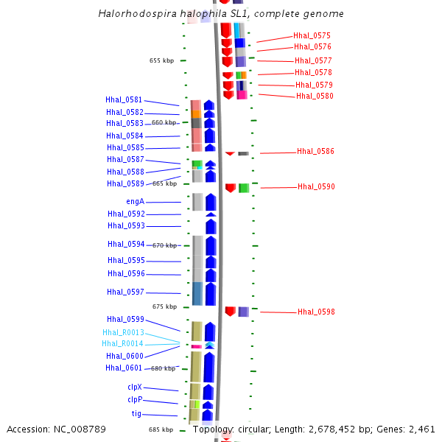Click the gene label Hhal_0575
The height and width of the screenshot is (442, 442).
point(312,35)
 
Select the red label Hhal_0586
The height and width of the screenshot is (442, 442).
point(315,151)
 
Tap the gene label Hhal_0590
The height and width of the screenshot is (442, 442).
point(316,187)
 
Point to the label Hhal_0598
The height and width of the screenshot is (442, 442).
point(316,312)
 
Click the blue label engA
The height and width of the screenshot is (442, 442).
point(135,202)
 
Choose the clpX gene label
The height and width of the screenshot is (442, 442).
point(134,387)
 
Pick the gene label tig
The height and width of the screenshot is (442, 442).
point(136,414)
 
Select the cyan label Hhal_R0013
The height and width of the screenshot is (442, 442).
point(123,332)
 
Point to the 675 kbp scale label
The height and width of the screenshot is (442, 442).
point(164,306)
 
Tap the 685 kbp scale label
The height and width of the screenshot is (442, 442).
point(161,429)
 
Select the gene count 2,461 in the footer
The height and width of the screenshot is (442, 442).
point(421,429)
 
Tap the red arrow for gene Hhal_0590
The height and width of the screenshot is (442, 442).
point(231,188)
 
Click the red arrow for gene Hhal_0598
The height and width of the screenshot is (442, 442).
point(230,312)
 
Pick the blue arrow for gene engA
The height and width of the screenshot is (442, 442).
point(211,202)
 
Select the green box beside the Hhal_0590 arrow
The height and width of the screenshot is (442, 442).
point(244,188)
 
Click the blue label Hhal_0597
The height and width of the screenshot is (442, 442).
point(124,292)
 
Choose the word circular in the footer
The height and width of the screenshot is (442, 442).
point(250,429)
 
